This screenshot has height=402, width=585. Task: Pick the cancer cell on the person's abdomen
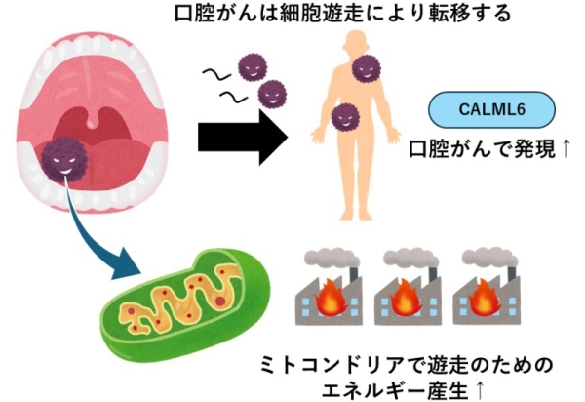[x=343, y=119]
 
